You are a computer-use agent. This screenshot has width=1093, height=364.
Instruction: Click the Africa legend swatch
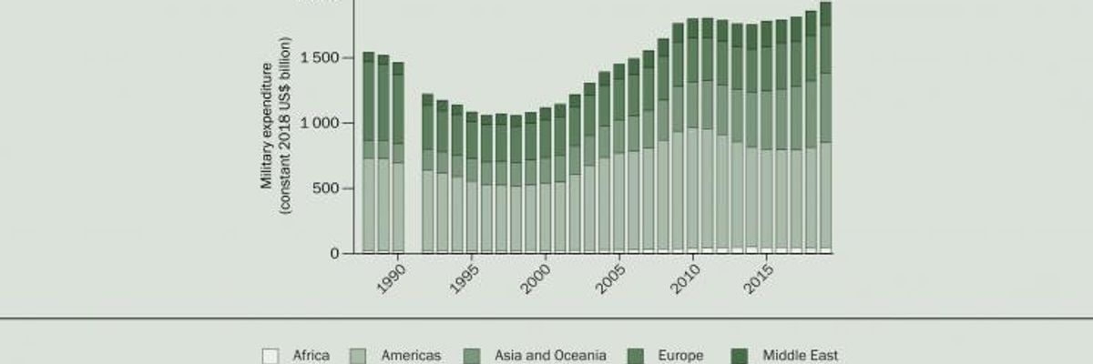point(270,356)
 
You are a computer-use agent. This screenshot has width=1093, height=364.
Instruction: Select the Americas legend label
point(410,356)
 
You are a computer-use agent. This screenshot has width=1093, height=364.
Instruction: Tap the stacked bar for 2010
point(692,136)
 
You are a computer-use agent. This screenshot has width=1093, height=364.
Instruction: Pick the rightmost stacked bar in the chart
point(826,127)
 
